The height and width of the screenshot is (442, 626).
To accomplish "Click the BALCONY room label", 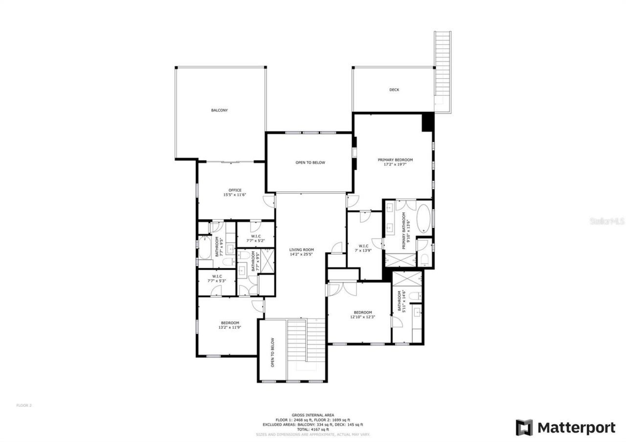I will tap(219, 110).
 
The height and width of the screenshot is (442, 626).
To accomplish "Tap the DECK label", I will tap(394, 90).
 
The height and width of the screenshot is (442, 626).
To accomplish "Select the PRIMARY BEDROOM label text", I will tap(395, 160).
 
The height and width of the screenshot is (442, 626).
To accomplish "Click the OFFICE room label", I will tap(235, 190).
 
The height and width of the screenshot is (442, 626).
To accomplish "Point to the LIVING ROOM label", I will tap(301, 249).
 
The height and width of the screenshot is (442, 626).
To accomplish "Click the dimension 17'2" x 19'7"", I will tap(395, 165).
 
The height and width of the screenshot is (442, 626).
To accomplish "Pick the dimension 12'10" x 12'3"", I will tap(363, 317).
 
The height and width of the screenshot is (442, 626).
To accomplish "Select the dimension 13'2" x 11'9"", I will tap(230, 328).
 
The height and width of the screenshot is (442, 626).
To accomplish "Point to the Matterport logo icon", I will tap(524, 427).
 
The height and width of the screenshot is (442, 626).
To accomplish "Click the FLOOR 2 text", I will tap(24, 405).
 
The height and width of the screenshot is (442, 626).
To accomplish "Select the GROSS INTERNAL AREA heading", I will tap(313, 415).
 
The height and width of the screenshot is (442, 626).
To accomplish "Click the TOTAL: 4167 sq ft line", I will tap(313, 429).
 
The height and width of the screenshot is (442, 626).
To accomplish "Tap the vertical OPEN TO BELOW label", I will tap(272, 353).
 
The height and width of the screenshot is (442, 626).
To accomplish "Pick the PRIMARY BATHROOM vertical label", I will tap(404, 231).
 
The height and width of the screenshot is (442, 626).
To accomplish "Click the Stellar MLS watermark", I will tap(607, 221).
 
